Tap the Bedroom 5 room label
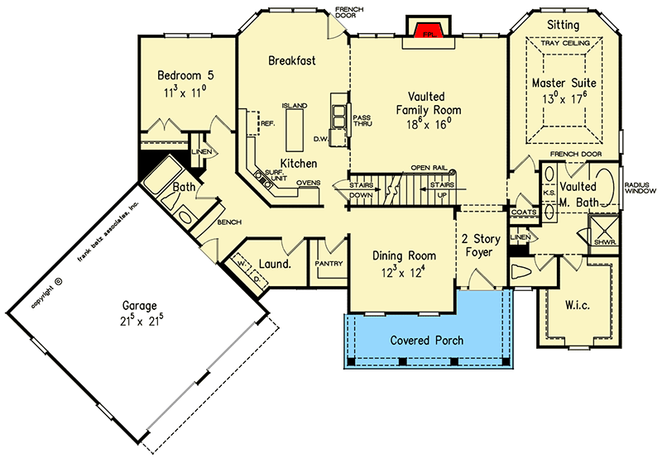[x=180, y=77]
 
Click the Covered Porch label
[x=426, y=340]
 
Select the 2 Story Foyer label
[x=482, y=244]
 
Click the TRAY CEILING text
[x=564, y=42]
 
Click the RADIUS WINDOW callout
[x=640, y=188]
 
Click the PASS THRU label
[x=362, y=121]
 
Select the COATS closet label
[x=525, y=212]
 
